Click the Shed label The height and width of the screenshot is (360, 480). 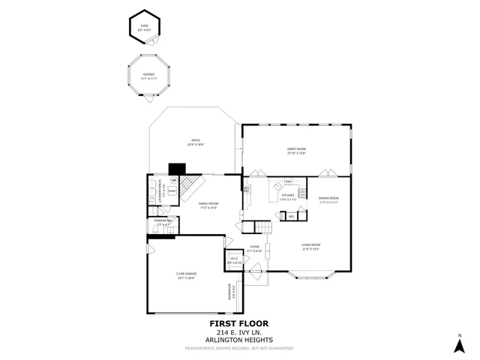point(145,26)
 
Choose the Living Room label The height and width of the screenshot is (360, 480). point(311,246)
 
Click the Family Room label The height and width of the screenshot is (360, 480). point(208,205)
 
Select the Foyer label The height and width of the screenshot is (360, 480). point(255,248)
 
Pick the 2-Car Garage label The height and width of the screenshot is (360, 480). point(187,275)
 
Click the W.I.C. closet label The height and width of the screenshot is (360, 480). point(235,261)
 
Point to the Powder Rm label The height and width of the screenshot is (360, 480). point(164,222)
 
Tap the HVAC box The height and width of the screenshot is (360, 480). point(171,192)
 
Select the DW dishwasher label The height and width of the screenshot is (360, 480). point(287,182)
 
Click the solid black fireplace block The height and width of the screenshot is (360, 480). point(177,169)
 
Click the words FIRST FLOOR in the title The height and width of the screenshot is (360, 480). point(238,324)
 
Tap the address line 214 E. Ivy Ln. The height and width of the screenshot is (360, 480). point(238,332)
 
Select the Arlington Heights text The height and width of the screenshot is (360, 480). point(238,340)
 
